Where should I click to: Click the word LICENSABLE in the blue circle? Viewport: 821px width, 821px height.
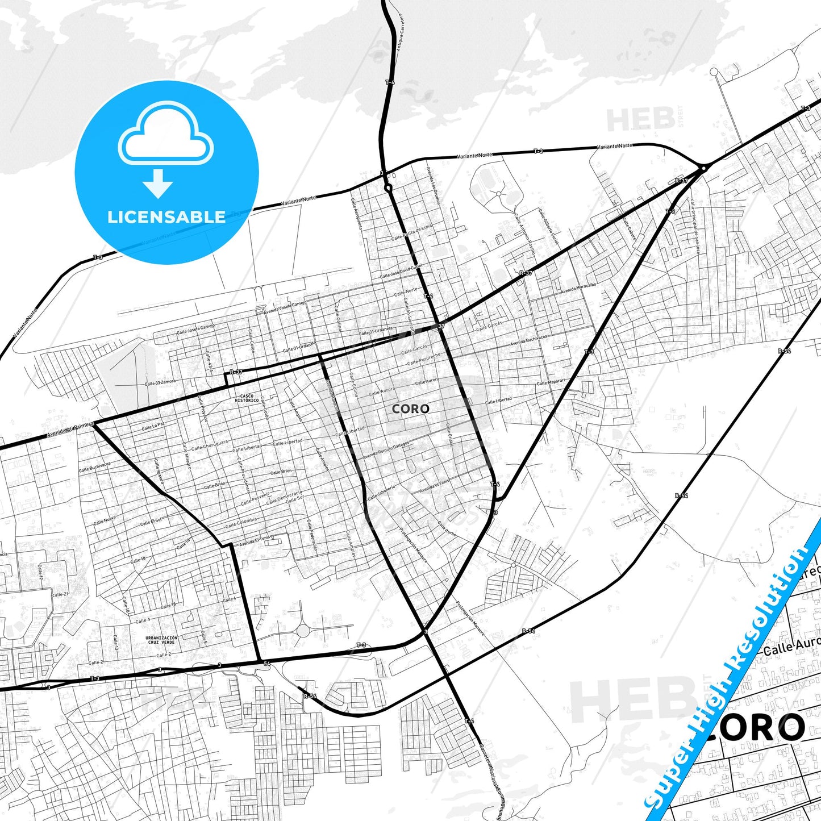[166, 217]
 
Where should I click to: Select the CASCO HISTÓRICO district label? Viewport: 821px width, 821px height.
[247, 398]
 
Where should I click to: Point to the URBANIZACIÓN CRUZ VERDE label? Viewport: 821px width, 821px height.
[161, 640]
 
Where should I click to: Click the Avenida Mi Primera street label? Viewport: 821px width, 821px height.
[71, 430]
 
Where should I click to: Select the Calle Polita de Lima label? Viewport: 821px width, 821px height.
[411, 232]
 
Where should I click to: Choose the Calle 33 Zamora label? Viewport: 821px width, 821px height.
[160, 382]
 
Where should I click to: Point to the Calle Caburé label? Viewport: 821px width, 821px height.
[629, 228]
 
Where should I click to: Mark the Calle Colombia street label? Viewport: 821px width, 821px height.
[241, 522]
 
